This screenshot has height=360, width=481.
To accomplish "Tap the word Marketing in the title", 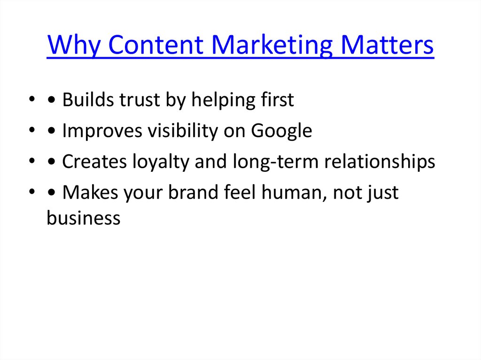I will click(272, 46).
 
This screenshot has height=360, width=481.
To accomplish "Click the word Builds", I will click(85, 100).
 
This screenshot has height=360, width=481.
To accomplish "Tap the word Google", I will click(281, 131).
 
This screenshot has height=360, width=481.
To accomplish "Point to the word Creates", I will click(93, 162).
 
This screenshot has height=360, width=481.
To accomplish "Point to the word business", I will click(84, 218).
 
